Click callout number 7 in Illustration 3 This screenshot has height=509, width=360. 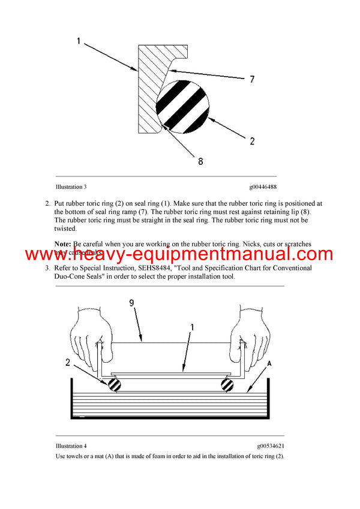coord(251,79)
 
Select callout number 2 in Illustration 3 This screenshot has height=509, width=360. coord(253,141)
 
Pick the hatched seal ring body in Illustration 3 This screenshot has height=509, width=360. coord(149,90)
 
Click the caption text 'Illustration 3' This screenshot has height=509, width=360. coord(75,187)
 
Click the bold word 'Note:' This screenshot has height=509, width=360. coord(63,244)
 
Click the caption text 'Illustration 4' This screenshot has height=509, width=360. coord(71,446)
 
